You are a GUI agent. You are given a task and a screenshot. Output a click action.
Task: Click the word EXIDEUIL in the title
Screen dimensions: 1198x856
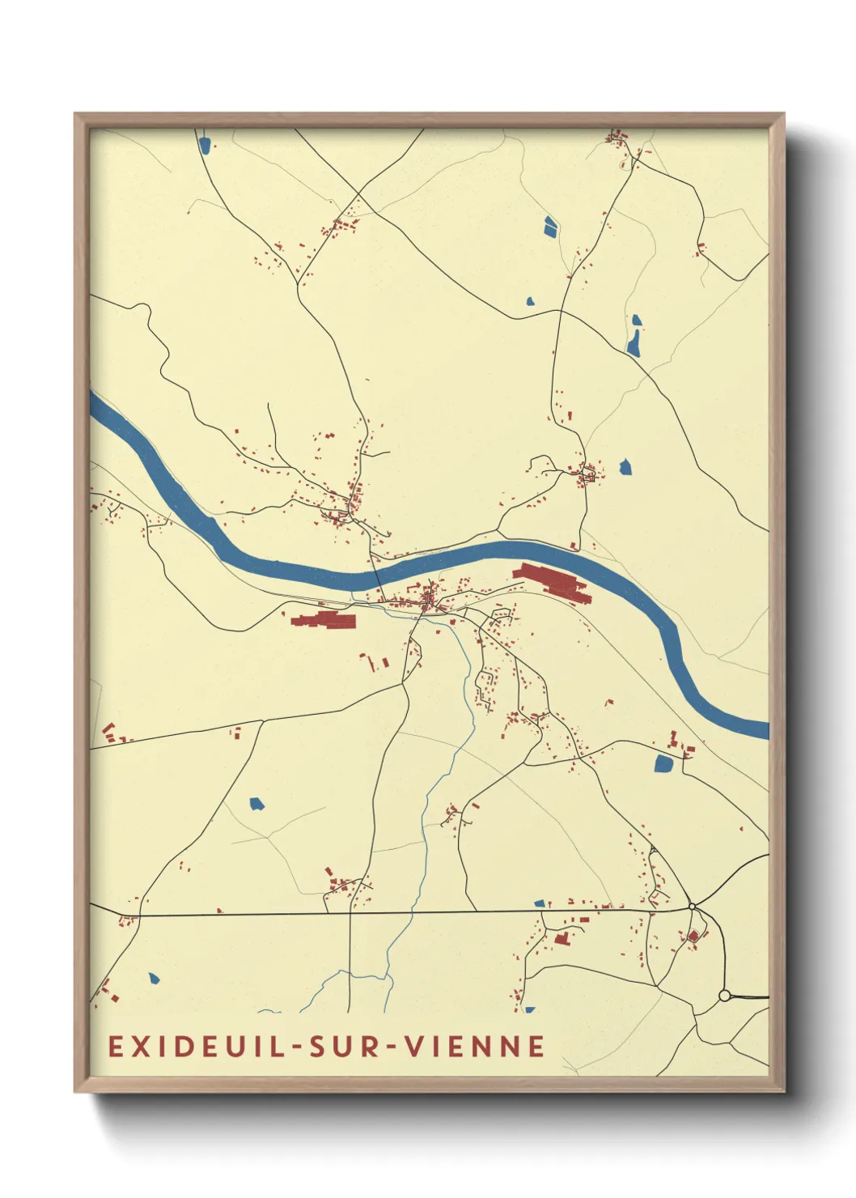tap(197, 1046)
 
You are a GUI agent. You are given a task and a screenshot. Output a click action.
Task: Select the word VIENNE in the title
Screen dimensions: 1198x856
tap(475, 1046)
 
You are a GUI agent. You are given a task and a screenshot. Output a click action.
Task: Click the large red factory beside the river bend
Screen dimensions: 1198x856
tap(553, 582)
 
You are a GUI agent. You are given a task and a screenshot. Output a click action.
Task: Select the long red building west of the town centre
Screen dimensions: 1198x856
tap(324, 621)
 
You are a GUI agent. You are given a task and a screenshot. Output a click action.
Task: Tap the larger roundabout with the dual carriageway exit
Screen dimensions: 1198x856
tap(724, 995)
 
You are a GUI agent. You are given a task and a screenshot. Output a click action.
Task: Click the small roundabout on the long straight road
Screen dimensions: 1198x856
tap(692, 906)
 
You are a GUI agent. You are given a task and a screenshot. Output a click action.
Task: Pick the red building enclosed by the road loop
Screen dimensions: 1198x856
tap(693, 936)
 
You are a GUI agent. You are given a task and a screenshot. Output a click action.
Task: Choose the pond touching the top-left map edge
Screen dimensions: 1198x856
tap(205, 145)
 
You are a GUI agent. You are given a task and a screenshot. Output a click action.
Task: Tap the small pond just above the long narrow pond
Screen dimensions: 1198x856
tap(636, 321)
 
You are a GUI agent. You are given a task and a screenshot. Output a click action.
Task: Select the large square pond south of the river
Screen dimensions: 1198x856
tap(663, 763)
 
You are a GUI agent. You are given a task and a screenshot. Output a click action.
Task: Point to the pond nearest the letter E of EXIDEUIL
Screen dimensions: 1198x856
tap(154, 978)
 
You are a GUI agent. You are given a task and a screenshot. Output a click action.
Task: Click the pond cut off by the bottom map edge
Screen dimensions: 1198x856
tap(529, 1009)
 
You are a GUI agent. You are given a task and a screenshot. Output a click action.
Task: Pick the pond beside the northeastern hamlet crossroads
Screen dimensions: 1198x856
tap(625, 466)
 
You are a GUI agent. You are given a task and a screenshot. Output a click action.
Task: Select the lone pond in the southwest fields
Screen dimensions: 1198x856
tap(256, 804)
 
